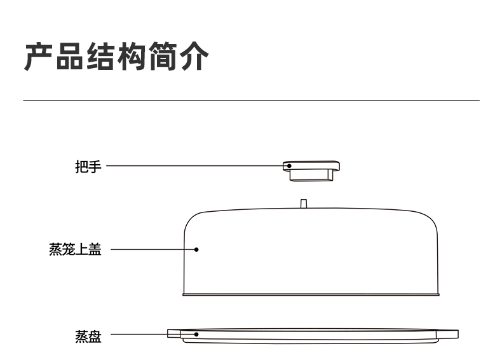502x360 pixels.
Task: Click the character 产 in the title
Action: pyautogui.click(x=38, y=57)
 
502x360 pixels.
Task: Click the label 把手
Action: pyautogui.click(x=88, y=167)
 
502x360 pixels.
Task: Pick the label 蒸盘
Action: pyautogui.click(x=88, y=335)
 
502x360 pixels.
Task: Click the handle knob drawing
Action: pyautogui.click(x=311, y=170)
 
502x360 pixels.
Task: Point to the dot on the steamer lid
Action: pyautogui.click(x=196, y=249)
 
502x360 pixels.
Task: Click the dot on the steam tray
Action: pyautogui.click(x=196, y=334)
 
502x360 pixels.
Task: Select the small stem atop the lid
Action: pyautogui.click(x=304, y=204)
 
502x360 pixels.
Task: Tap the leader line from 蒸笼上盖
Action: pyautogui.click(x=153, y=249)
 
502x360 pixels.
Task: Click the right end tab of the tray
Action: pyautogui.click(x=449, y=334)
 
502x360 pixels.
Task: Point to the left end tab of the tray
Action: pyautogui.click(x=173, y=333)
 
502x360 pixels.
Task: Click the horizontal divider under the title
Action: pyautogui.click(x=251, y=100)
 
